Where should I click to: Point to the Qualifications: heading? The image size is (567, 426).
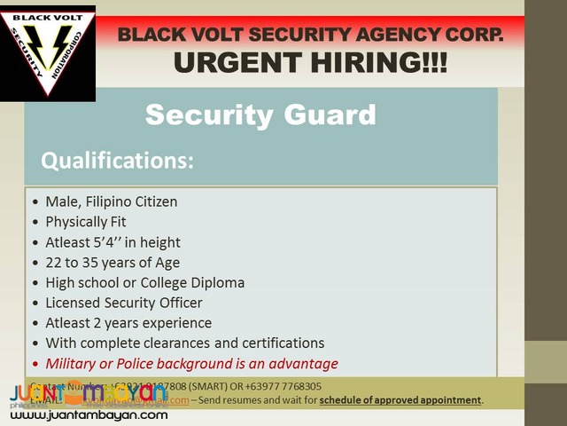(116, 161)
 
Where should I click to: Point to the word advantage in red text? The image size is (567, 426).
(306, 364)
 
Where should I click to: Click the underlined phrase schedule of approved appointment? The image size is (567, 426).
(400, 400)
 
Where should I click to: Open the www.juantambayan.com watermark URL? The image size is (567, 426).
(86, 414)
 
